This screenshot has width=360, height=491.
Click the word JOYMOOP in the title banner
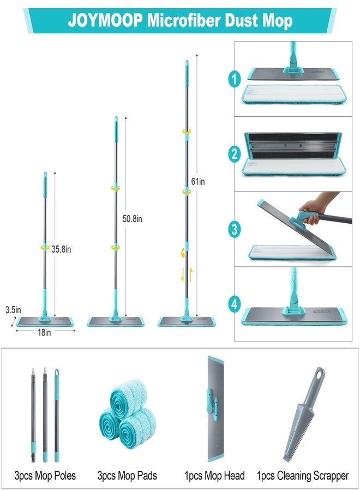[105, 21]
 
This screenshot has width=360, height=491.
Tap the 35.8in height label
[61, 249]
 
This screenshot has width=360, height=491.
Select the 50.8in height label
[132, 219]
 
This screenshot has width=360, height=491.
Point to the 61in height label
[198, 181]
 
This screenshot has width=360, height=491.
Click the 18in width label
[44, 333]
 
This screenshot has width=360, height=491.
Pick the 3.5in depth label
[13, 310]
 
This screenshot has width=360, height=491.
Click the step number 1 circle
[235, 79]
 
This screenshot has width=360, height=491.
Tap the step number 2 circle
[235, 154]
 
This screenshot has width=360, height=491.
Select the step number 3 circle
[235, 229]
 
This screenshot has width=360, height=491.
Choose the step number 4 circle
[235, 304]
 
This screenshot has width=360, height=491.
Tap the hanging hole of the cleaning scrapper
[319, 373]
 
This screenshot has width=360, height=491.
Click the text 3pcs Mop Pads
[127, 476]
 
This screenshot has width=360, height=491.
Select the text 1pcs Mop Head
[214, 476]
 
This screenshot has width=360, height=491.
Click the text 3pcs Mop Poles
[45, 476]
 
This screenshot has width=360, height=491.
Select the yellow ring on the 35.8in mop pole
[45, 248]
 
